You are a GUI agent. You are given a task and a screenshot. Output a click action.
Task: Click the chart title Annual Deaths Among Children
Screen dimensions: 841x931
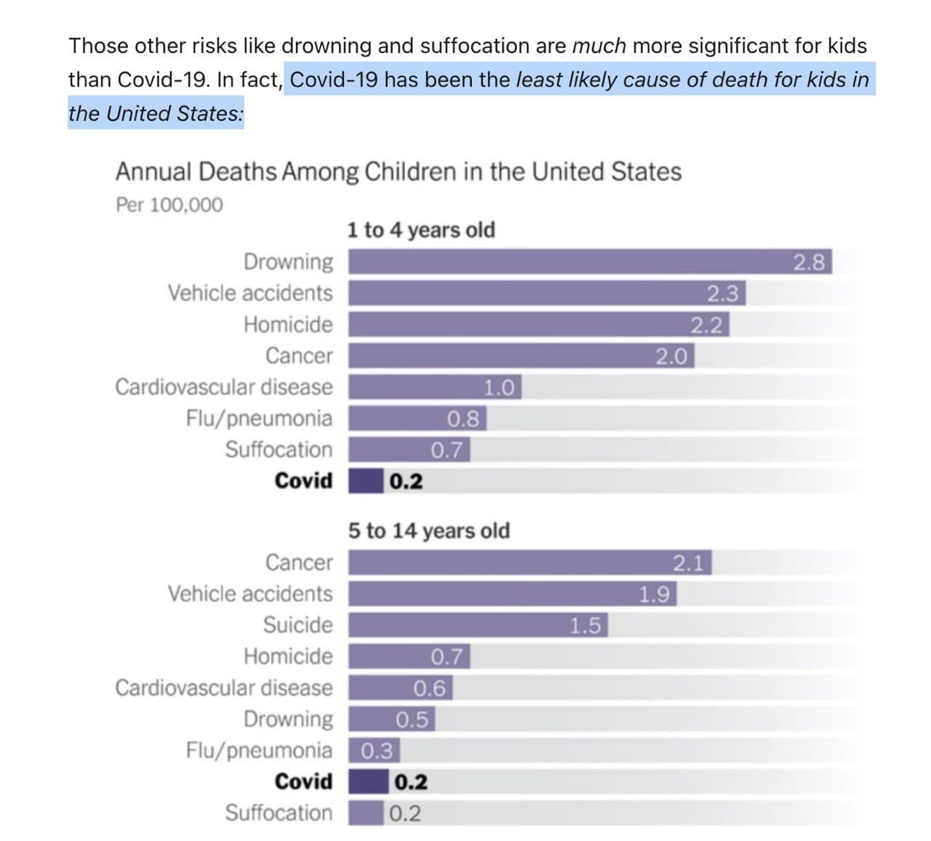[398, 172]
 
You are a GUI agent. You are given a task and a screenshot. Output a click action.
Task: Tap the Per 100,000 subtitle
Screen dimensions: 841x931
[169, 205]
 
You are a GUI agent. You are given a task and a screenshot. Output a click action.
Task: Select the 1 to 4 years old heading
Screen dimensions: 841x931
[421, 230]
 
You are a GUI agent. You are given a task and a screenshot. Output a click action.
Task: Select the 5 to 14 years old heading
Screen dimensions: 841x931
[429, 530]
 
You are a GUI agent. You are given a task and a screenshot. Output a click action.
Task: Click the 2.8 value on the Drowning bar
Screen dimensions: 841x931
[809, 262]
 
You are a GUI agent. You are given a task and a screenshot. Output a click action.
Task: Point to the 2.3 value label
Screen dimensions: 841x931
[723, 293]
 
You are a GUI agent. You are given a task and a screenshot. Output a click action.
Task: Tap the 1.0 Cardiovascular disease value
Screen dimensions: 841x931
[500, 387]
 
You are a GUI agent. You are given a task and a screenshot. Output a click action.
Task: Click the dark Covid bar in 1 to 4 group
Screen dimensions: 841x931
[366, 481]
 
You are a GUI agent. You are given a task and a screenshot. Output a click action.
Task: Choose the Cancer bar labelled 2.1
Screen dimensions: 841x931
[509, 562]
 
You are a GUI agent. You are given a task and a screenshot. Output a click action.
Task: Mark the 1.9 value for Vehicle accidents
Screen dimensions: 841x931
[654, 594]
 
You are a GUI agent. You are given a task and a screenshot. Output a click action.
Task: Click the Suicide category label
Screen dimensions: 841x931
[297, 625]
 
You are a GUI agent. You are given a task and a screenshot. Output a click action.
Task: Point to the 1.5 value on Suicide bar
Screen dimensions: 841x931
[586, 626]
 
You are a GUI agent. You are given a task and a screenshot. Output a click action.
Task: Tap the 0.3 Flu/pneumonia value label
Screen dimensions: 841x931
[377, 750]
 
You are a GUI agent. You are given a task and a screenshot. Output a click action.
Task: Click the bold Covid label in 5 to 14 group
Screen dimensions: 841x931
[303, 781]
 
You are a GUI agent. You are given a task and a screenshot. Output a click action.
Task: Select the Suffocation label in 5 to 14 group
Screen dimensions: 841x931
[279, 813]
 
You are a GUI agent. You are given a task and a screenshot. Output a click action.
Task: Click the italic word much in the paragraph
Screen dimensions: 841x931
[599, 46]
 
